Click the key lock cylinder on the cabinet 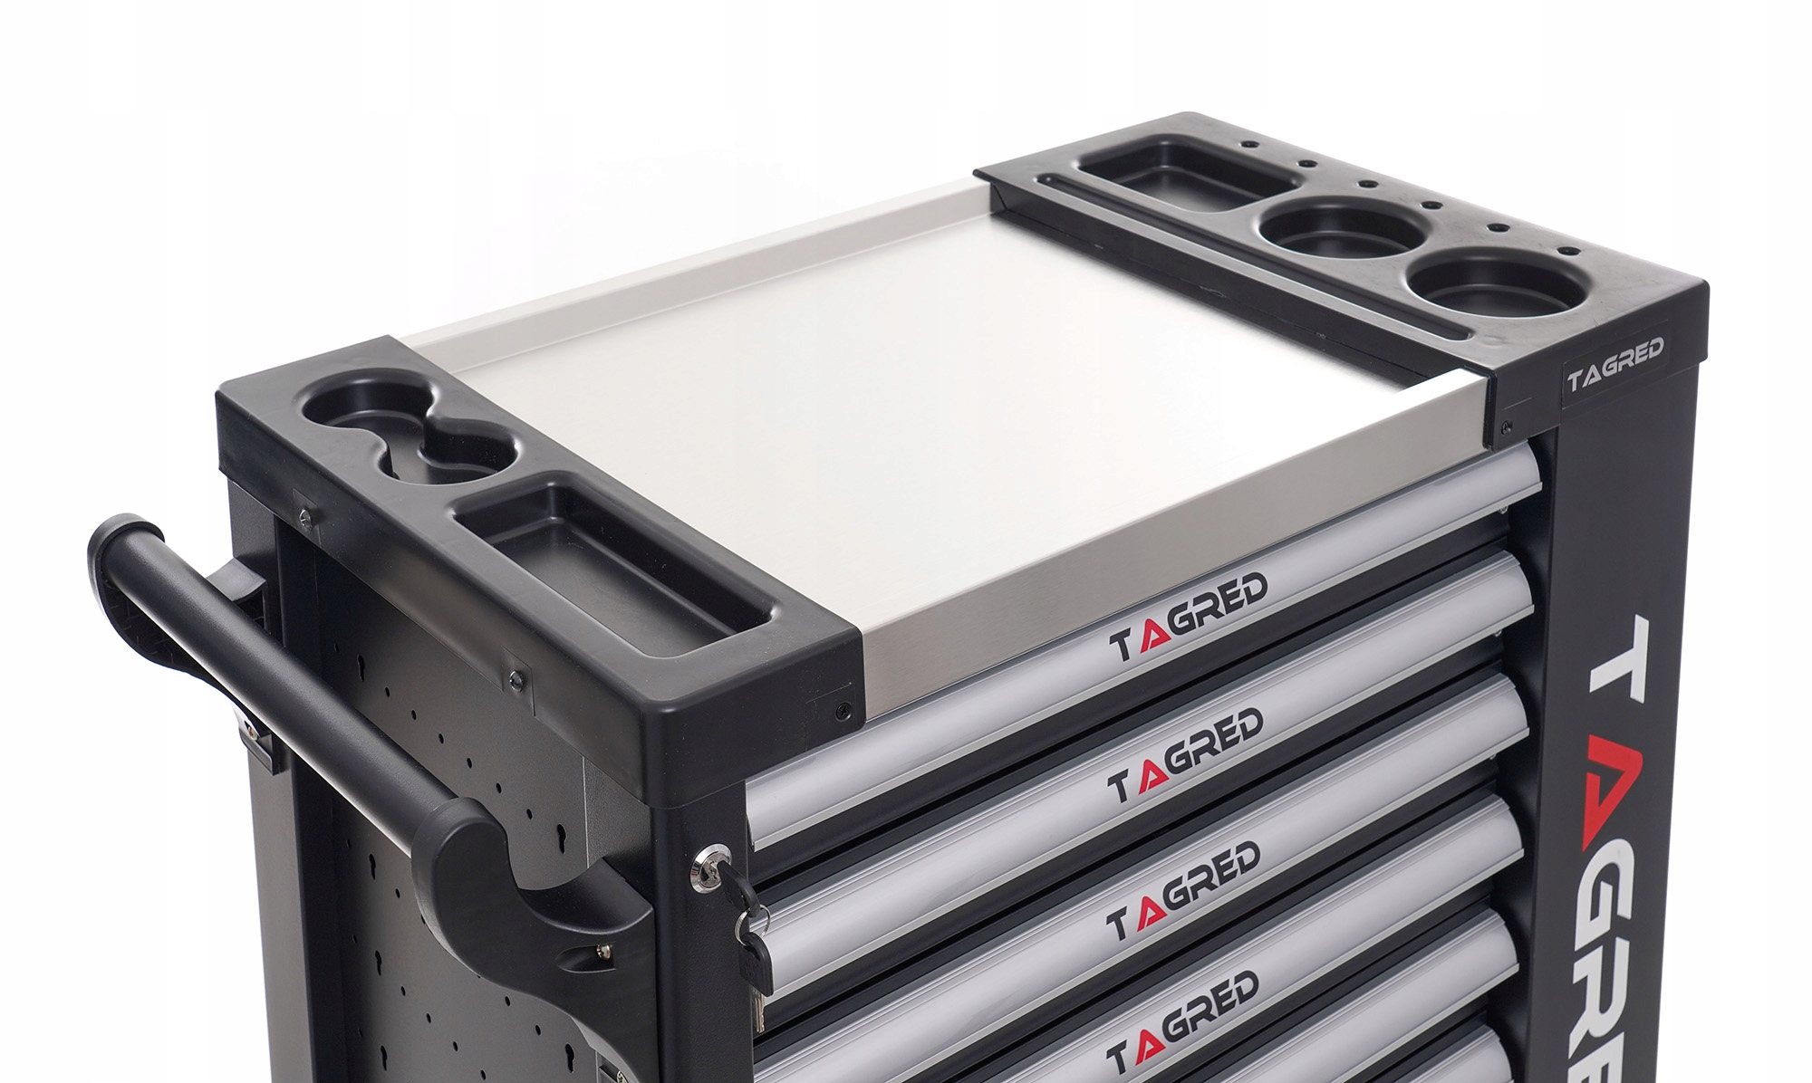coord(709,861)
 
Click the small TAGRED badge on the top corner coord(1615,365)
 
